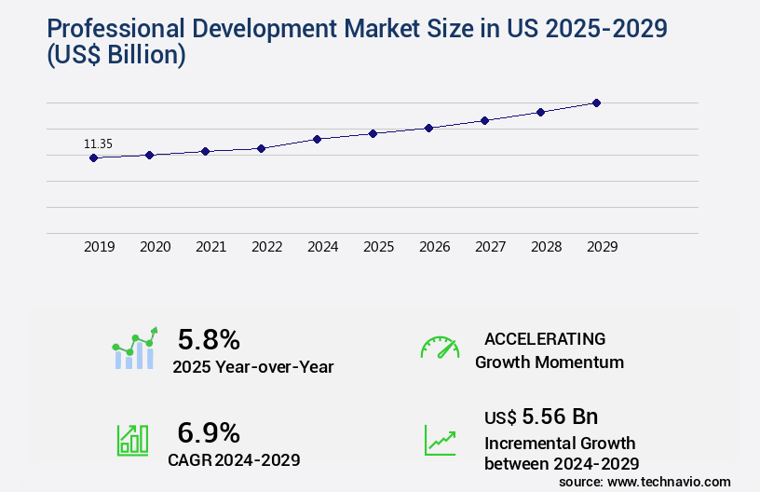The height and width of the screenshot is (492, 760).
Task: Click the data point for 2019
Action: pos(93,158)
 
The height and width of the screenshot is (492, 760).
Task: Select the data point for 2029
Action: pos(596,102)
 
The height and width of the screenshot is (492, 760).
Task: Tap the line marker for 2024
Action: pos(318,139)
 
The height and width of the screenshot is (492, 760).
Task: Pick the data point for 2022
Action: pos(262,148)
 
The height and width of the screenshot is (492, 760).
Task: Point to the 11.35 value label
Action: pos(98,143)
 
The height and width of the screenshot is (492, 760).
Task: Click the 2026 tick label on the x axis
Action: pos(434,247)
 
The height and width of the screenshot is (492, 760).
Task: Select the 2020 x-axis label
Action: pos(155,247)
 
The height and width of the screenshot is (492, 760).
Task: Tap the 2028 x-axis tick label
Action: pos(546,247)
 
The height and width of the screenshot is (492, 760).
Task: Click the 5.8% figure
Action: pos(209,339)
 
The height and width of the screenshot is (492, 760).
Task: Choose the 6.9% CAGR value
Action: pos(209,432)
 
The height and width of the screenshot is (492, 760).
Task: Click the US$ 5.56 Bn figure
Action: pos(541,416)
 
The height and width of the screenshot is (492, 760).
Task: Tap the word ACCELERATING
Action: pos(545,339)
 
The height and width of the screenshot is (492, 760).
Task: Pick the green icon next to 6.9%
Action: pos(132,440)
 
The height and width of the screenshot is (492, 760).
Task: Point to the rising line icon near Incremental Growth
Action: pos(440,440)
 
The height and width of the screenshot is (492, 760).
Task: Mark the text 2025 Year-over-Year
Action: pos(253,367)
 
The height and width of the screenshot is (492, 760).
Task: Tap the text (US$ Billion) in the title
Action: pos(114,56)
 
